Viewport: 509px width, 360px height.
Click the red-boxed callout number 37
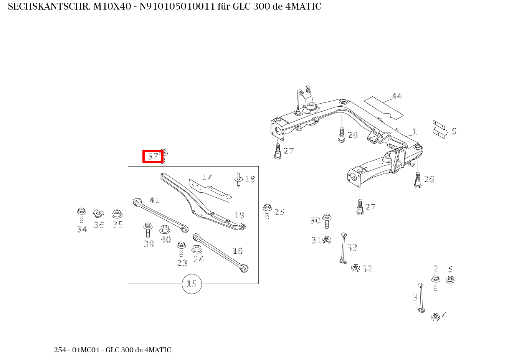pos(153,157)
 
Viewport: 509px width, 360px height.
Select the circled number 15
pos(192,284)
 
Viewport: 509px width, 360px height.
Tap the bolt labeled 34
pos(81,215)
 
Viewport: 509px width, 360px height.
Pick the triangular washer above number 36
pos(99,213)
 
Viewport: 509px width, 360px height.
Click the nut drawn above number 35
pos(117,214)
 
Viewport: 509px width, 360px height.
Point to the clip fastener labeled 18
pos(238,179)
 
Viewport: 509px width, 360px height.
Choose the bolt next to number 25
pos(267,211)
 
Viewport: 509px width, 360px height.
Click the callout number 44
pos(397,96)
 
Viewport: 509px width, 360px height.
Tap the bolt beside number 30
pos(327,221)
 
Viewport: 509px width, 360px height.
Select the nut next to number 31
pos(327,240)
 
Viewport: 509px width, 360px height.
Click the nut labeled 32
pos(355,268)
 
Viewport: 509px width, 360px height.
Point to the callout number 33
pos(352,248)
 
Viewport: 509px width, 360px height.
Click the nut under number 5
pos(450,280)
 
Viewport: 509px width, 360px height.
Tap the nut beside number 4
pos(435,317)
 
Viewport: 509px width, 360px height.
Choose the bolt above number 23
pos(181,249)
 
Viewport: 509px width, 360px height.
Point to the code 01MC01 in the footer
pos(88,350)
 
